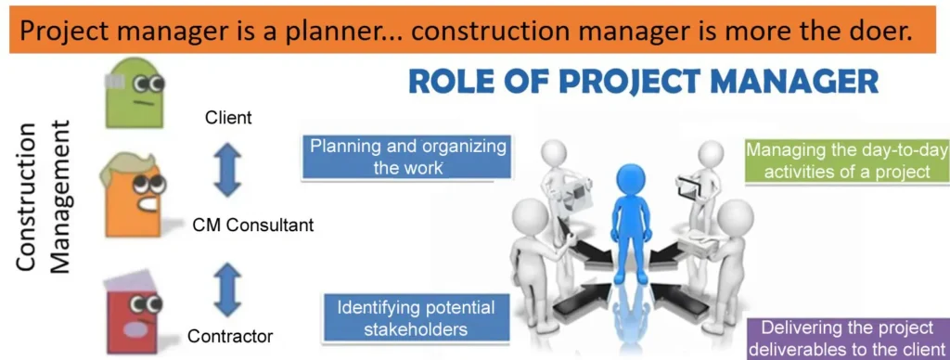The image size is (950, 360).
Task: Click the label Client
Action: coord(228,118)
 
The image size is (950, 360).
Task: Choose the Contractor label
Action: coord(230,335)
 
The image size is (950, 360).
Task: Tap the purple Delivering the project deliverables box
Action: coord(844,339)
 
